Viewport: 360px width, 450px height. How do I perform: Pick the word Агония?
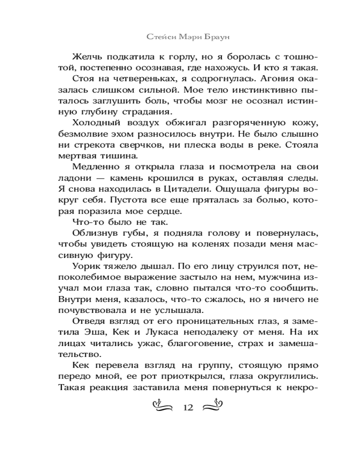point(263,81)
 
